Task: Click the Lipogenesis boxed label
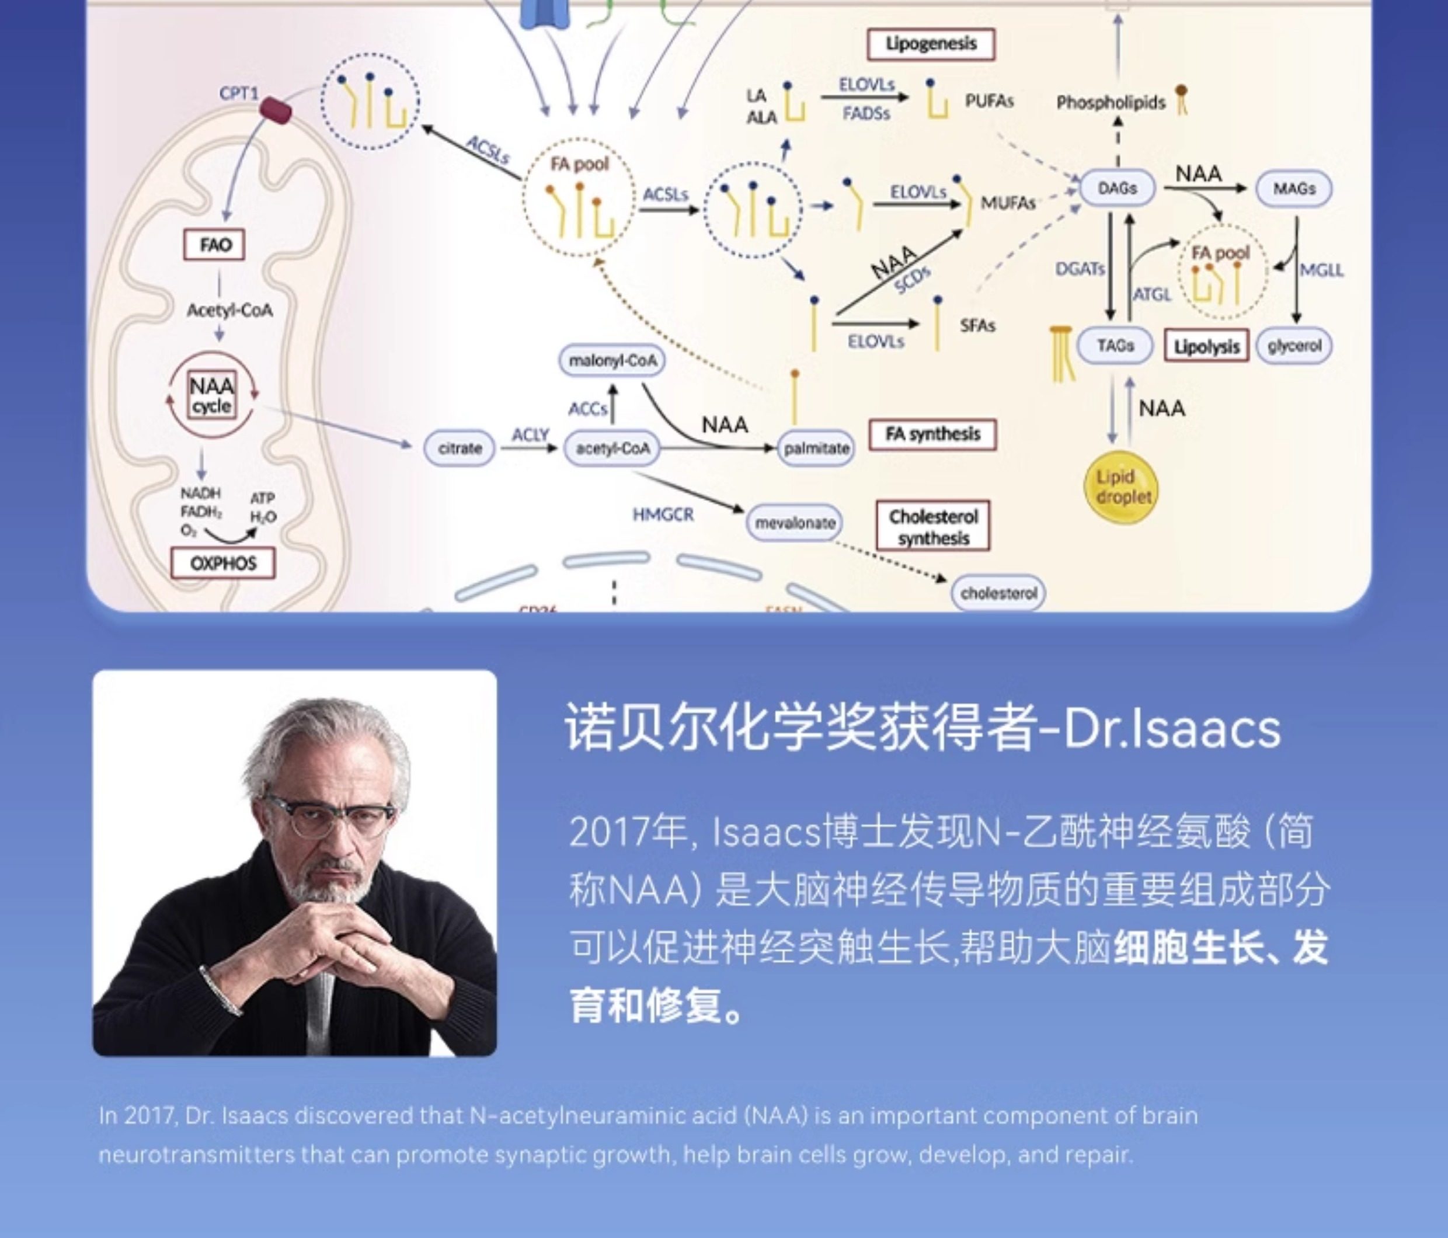pyautogui.click(x=930, y=44)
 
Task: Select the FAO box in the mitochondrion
pyautogui.click(x=214, y=245)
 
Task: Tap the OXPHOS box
pyautogui.click(x=223, y=563)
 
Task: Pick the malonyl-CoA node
pyautogui.click(x=612, y=361)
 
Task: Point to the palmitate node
pyautogui.click(x=816, y=448)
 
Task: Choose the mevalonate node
pyautogui.click(x=795, y=523)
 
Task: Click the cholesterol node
pyautogui.click(x=998, y=593)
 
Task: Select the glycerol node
pyautogui.click(x=1294, y=345)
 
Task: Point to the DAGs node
pyautogui.click(x=1117, y=189)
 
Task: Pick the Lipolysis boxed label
pyautogui.click(x=1206, y=346)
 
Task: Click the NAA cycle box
pyautogui.click(x=212, y=396)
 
